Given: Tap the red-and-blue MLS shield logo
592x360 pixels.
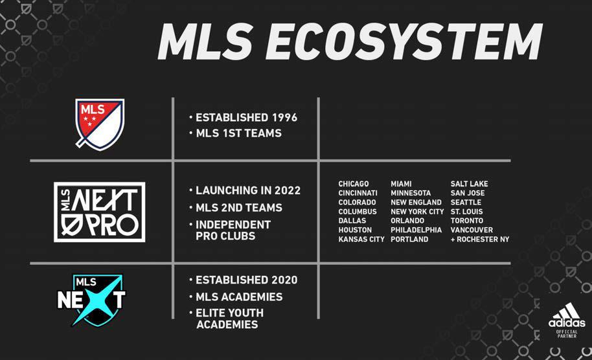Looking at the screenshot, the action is (x=100, y=124).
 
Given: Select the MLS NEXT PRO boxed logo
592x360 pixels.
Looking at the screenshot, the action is (x=100, y=212).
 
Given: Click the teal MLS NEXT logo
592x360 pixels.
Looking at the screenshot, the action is (x=91, y=300).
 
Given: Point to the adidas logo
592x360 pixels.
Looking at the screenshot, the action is (x=567, y=315).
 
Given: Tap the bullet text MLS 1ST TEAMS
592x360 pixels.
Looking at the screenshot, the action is (x=238, y=133).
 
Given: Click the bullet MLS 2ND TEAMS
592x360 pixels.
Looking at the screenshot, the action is (x=239, y=208).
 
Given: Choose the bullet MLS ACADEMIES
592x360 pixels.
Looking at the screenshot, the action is (x=239, y=297).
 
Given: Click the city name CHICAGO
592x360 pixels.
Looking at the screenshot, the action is (x=354, y=184).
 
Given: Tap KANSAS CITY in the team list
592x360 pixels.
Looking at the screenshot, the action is (x=361, y=240).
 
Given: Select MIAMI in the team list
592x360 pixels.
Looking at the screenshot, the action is (x=401, y=184).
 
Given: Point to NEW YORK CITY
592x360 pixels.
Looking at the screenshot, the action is (x=417, y=212).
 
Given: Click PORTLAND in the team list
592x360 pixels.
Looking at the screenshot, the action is (x=409, y=240).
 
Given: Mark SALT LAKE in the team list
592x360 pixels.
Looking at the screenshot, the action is (x=470, y=184).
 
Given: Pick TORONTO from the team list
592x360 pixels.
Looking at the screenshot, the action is (x=466, y=221).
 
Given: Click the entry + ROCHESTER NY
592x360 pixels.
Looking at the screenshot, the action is (x=480, y=240).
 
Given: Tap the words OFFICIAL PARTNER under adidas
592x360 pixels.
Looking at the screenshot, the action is (x=567, y=334).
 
